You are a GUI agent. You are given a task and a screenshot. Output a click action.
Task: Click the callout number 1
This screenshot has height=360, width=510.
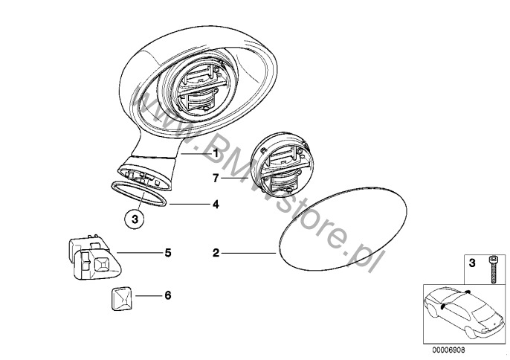click(x=216, y=152)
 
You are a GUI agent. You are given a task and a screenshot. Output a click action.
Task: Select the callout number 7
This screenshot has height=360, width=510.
click(x=216, y=179)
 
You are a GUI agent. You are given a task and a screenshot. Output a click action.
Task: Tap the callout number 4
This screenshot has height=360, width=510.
click(x=216, y=205)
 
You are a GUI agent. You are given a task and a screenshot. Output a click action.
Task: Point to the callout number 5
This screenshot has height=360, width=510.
click(x=168, y=253)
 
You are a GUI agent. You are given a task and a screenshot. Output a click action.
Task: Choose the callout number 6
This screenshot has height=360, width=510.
click(x=168, y=295)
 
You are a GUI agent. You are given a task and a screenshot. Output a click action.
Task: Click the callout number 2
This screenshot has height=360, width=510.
click(x=216, y=253)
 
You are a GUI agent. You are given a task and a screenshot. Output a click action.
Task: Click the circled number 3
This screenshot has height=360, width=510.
click(x=135, y=219)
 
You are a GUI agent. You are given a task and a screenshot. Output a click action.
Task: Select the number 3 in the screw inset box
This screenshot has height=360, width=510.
click(x=472, y=263)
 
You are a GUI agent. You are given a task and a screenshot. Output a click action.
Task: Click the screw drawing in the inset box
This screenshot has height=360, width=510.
click(x=492, y=269)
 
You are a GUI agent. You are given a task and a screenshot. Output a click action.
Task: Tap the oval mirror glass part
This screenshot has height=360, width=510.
click(x=343, y=229)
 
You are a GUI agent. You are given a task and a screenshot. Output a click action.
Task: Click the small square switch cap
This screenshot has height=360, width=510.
click(x=121, y=298)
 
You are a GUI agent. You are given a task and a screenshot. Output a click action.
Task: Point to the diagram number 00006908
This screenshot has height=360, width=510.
click(x=448, y=350)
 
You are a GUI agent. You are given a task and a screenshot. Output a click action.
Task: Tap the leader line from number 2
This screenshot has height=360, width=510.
click(x=249, y=253)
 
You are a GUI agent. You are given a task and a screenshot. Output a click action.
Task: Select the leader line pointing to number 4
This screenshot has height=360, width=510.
click(x=190, y=205)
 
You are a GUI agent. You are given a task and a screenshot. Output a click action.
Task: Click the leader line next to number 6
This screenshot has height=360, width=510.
click(x=149, y=295)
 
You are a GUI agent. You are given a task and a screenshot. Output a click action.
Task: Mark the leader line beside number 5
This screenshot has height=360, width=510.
click(x=139, y=253)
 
